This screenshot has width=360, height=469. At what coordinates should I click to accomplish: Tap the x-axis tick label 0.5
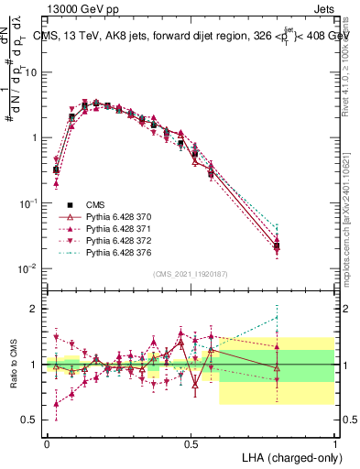pyautogui.click(x=191, y=442)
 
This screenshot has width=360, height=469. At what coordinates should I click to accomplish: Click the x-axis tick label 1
pyautogui.click(x=334, y=442)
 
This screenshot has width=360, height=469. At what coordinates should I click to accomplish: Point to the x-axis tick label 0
pyautogui.click(x=47, y=442)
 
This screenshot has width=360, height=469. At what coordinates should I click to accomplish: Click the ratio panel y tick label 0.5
pyautogui.click(x=30, y=420)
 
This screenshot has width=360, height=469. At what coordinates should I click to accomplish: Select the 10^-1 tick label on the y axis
pyautogui.click(x=29, y=202)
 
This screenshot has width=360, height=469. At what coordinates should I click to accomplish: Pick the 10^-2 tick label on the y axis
pyautogui.click(x=29, y=267)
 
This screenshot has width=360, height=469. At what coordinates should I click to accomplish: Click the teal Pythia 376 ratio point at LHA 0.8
pyautogui.click(x=278, y=318)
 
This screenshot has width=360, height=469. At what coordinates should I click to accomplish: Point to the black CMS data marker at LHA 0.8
pyautogui.click(x=278, y=245)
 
